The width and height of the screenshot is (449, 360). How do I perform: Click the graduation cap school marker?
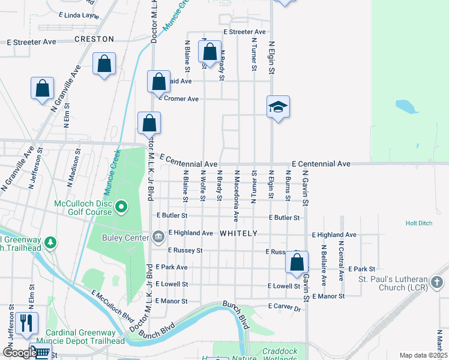coord(279,107)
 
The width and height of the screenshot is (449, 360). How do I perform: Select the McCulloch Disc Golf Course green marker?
coord(122,208)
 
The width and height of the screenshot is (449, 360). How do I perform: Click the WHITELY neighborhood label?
coord(238,233)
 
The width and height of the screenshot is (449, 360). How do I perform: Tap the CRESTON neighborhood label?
coord(94,38)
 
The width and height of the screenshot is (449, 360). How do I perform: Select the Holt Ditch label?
coord(418,223)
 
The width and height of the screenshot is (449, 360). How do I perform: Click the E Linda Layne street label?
coord(79,14)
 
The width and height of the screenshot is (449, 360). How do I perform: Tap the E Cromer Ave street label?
coord(178,98)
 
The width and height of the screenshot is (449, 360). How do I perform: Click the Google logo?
coord(20,353)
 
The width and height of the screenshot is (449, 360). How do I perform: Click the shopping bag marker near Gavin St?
coord(297,262)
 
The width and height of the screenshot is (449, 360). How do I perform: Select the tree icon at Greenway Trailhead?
coord(52,242)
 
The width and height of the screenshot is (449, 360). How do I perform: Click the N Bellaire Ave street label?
coord(324,264)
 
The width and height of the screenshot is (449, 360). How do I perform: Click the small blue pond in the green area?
coord(406,107)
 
